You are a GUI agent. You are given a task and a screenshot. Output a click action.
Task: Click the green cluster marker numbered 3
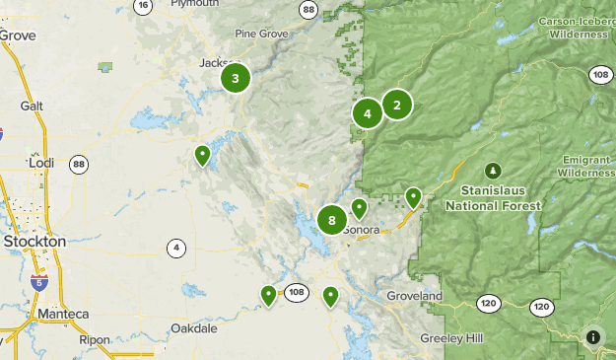coord(235,78)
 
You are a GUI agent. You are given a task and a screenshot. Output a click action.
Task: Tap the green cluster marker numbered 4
coord(367,113)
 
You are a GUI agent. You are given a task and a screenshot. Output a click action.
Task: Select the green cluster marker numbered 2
coord(396,104)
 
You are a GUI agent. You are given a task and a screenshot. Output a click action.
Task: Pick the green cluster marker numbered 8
coord(332,220)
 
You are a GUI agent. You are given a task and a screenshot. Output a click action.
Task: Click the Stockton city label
coord(34,241)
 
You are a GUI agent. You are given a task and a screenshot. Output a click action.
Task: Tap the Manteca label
coord(63,314)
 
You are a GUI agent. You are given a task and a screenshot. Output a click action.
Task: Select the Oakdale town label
coord(193,327)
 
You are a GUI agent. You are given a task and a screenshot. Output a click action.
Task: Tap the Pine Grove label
coord(259,34)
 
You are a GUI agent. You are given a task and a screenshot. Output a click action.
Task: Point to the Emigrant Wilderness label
coord(587,166)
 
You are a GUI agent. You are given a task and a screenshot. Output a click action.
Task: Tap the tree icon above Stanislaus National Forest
coord(493,171)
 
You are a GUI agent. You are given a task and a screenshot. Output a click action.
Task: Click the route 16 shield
coord(144,5)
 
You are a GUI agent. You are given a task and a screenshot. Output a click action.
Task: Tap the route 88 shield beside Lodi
coord(79,164)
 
